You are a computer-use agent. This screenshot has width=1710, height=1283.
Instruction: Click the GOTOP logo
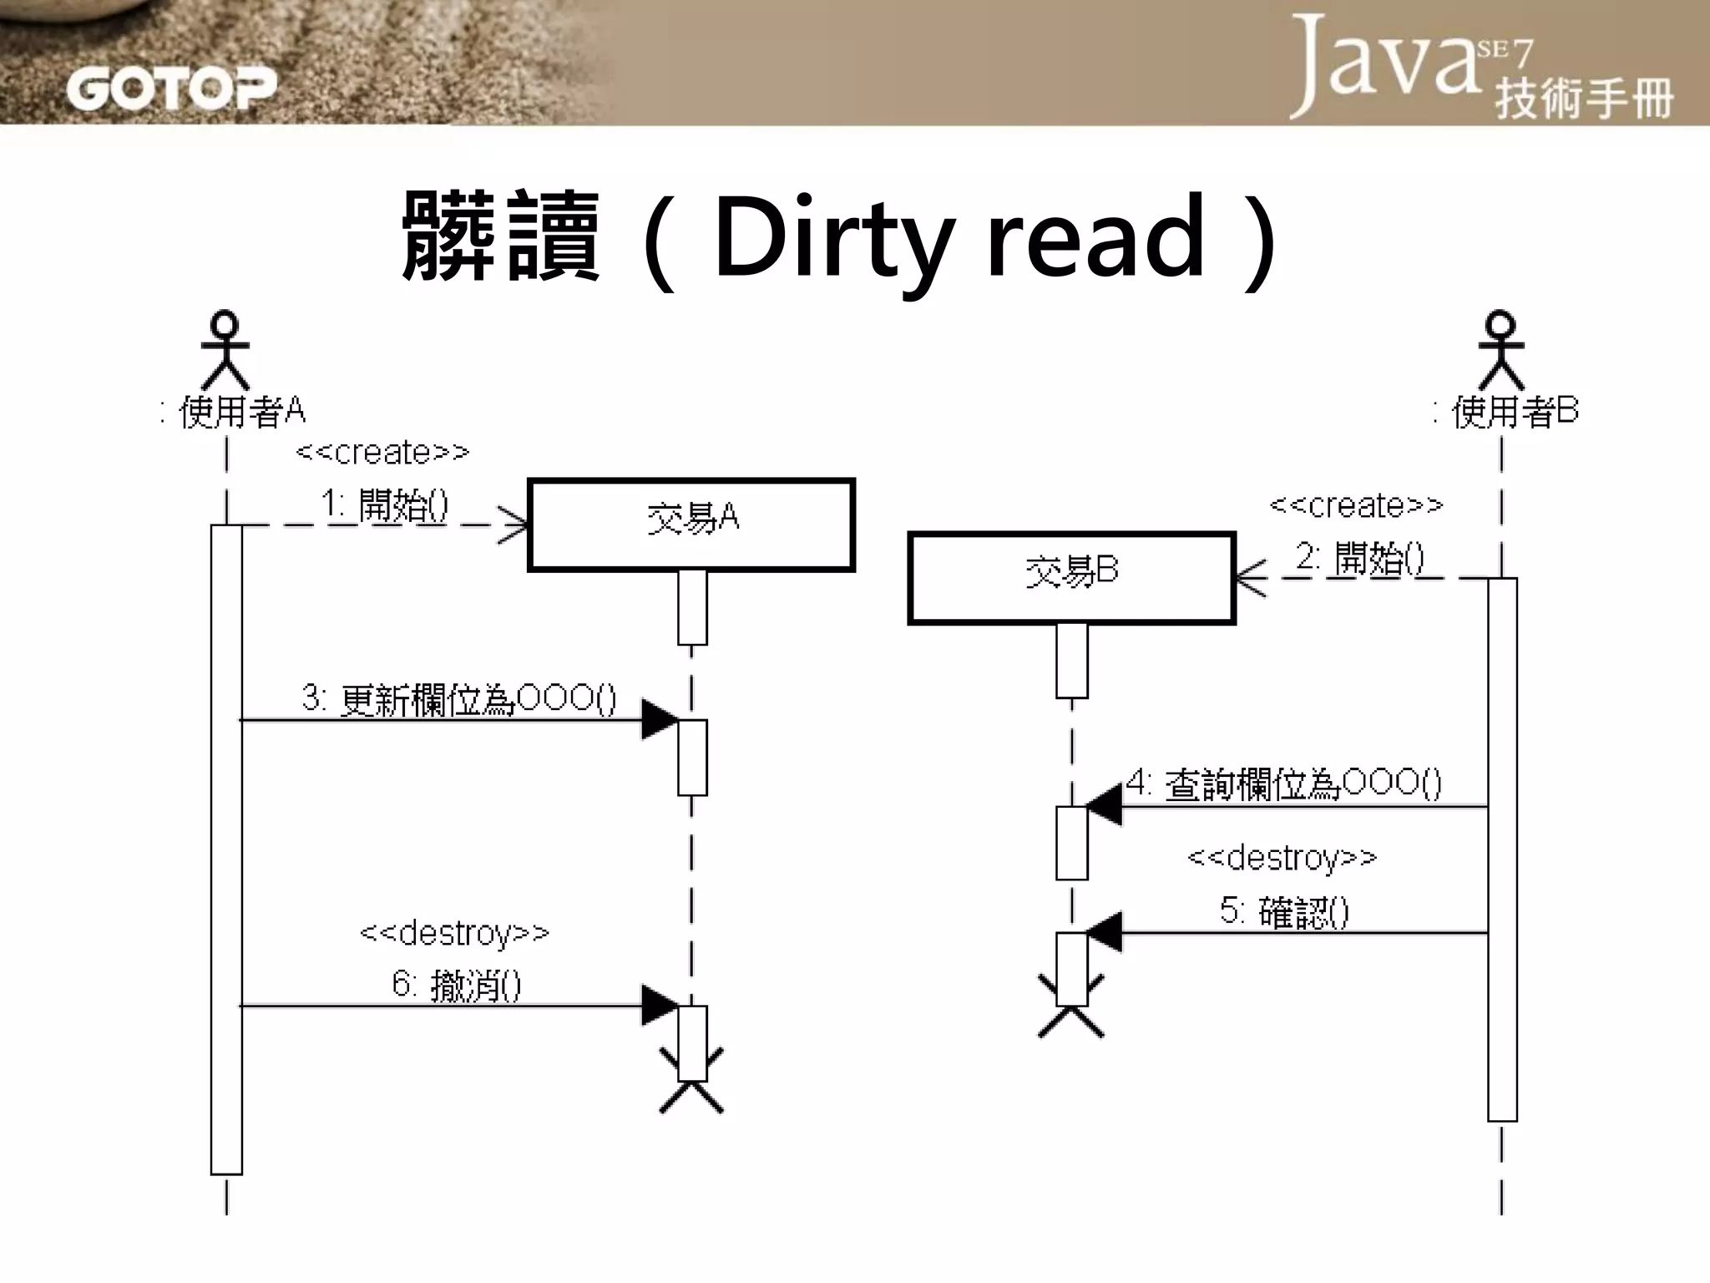[x=171, y=87]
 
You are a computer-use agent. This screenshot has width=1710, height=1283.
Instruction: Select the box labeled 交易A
[x=691, y=525]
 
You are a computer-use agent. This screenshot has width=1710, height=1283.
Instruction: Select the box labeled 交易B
[x=1071, y=577]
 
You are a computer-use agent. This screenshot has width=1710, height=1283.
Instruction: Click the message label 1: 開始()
[x=385, y=505]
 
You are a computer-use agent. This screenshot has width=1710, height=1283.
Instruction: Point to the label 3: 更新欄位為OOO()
[x=458, y=699]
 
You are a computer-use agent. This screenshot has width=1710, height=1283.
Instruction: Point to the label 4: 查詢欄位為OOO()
[x=1283, y=783]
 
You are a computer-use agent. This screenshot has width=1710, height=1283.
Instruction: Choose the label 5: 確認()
[x=1283, y=911]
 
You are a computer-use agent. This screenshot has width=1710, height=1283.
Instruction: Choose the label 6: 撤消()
[x=457, y=985]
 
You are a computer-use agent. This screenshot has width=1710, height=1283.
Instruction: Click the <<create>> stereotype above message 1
[x=382, y=452]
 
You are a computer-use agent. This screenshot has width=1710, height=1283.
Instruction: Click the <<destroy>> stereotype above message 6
[x=454, y=932]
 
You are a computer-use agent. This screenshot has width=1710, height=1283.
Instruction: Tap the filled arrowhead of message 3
[x=659, y=719]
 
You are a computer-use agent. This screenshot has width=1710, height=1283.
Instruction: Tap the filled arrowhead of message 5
[x=1104, y=932]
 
